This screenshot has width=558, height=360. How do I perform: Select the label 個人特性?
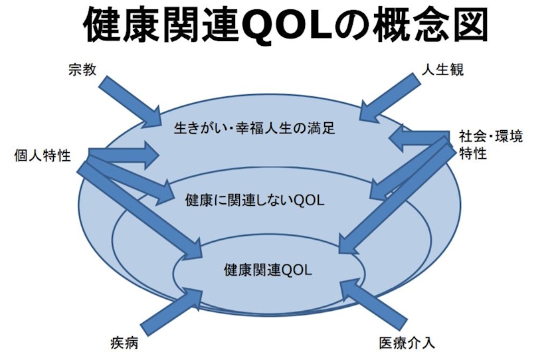(x=42, y=156)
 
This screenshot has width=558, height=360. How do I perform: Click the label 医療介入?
(x=407, y=343)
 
